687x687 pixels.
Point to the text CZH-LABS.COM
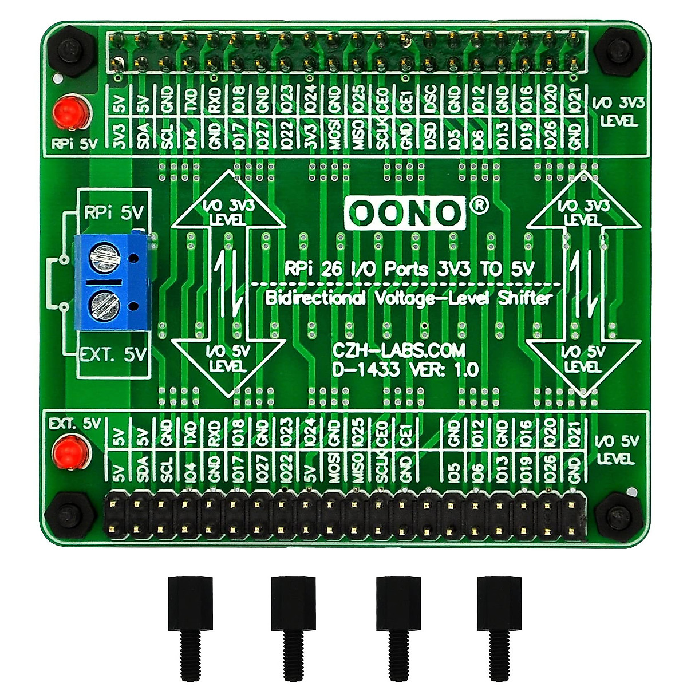point(398,350)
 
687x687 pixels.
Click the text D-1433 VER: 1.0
point(405,370)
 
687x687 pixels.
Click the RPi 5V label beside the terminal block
point(114,213)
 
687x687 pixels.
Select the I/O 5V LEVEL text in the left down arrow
point(227,358)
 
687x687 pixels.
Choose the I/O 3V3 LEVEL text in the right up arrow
point(583,212)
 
